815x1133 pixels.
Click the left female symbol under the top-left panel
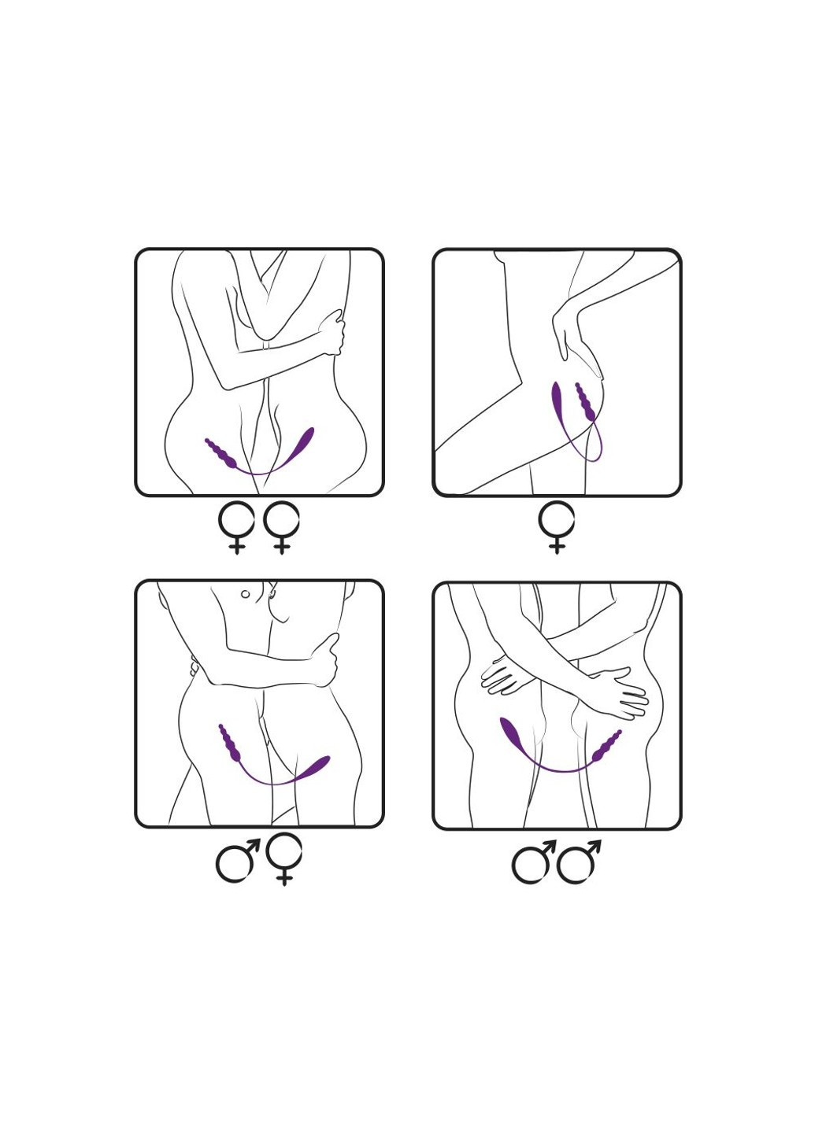236,526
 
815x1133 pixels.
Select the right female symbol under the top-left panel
282,526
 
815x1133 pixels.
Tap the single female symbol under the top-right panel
557,526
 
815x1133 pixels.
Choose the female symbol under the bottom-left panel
284,858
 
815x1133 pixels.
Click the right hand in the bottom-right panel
618,691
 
